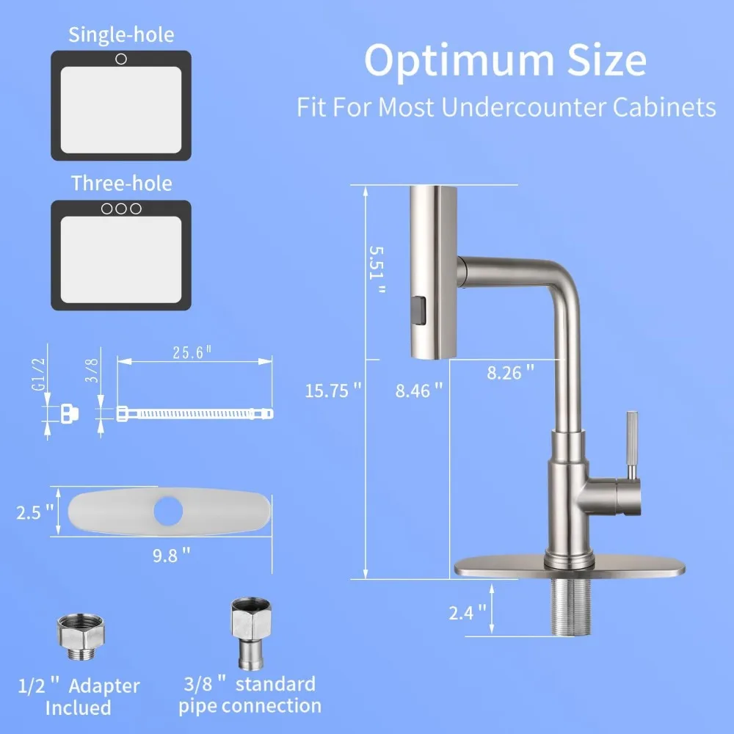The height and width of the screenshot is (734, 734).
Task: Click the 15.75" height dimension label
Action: click(333, 390)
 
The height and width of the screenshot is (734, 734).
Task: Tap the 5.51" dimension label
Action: click(377, 270)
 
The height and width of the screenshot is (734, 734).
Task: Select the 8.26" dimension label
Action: click(510, 373)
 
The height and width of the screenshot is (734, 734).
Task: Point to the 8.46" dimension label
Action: click(419, 390)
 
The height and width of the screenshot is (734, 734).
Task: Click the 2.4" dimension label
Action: click(468, 613)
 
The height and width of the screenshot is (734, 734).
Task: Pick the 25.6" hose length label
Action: click(192, 352)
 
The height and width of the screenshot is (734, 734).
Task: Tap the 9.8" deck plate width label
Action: click(171, 555)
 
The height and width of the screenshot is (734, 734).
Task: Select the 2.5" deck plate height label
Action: click(34, 512)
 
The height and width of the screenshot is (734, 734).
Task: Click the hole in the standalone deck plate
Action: click(168, 511)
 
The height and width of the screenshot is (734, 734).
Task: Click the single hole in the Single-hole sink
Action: click(121, 59)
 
